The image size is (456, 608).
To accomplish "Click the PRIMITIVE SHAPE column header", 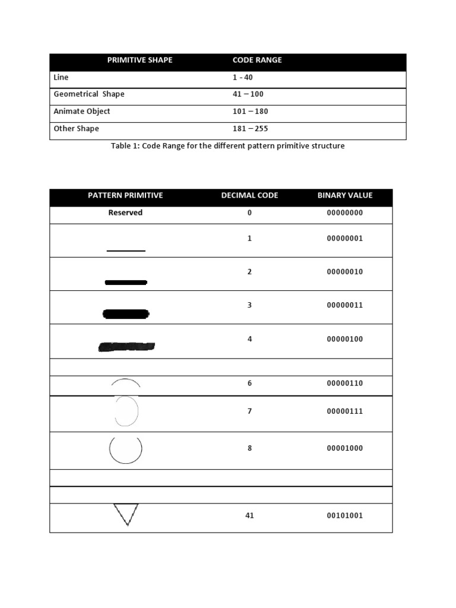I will pyautogui.click(x=140, y=60).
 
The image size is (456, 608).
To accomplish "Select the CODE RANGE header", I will pyautogui.click(x=257, y=60).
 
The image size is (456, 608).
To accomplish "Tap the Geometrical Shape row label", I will pyautogui.click(x=89, y=94).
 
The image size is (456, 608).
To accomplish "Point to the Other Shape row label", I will pyautogui.click(x=76, y=128).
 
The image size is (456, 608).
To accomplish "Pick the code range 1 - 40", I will pyautogui.click(x=242, y=77).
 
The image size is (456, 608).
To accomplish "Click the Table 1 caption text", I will pyautogui.click(x=227, y=145).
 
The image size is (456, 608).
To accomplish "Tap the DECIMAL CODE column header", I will pyautogui.click(x=249, y=195).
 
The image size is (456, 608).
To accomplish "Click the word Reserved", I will pyautogui.click(x=125, y=213).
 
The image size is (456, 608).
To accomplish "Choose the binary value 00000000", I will pyautogui.click(x=345, y=213).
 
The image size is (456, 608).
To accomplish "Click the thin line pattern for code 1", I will pyautogui.click(x=126, y=251).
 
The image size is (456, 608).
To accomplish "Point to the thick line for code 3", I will pyautogui.click(x=126, y=314).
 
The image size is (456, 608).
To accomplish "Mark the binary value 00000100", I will pyautogui.click(x=345, y=339).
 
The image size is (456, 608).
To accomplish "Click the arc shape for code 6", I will pyautogui.click(x=126, y=383).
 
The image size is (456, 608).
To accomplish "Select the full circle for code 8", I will pyautogui.click(x=126, y=449).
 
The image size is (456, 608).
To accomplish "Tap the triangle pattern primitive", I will pyautogui.click(x=126, y=514).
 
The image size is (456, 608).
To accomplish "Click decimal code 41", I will pyautogui.click(x=249, y=515).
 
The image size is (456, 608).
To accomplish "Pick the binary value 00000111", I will pyautogui.click(x=345, y=411).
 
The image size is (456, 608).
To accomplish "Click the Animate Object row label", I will pyautogui.click(x=82, y=111).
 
